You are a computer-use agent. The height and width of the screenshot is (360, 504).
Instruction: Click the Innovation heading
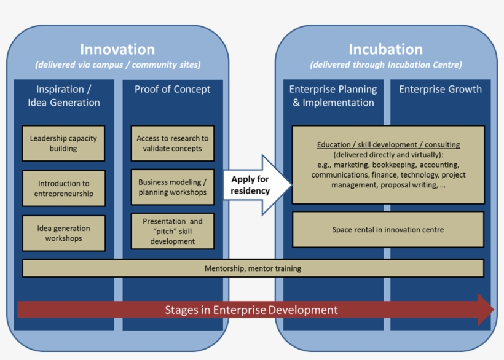(117, 50)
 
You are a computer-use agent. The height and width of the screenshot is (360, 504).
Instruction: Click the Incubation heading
(385, 50)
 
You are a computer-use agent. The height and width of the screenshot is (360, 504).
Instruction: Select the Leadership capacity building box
(63, 143)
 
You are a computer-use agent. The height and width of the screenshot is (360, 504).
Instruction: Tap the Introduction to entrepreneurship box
(63, 188)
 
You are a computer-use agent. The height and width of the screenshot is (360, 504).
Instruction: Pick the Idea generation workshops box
(63, 233)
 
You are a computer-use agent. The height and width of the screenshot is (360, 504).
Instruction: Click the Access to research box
(172, 143)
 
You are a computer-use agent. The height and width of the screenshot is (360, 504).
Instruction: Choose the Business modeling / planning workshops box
(172, 187)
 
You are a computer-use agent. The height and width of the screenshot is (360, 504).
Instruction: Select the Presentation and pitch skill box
(172, 231)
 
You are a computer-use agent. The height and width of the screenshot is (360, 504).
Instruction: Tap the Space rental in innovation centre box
(388, 230)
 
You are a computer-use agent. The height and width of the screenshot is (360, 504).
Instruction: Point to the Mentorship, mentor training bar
(253, 268)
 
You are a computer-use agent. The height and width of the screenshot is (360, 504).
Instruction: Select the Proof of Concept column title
(172, 89)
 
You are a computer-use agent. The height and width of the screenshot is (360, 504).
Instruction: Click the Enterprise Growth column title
(440, 89)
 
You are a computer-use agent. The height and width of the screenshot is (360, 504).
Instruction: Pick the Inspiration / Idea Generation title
(63, 96)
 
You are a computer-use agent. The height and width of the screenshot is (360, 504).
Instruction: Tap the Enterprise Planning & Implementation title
(333, 96)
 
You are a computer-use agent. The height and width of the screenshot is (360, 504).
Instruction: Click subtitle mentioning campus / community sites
(117, 65)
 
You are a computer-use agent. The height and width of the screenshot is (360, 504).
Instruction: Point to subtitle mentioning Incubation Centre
(385, 65)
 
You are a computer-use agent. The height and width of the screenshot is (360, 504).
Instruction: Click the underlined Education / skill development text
(388, 145)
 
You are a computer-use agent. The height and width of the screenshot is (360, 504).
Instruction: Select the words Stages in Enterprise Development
(251, 310)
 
